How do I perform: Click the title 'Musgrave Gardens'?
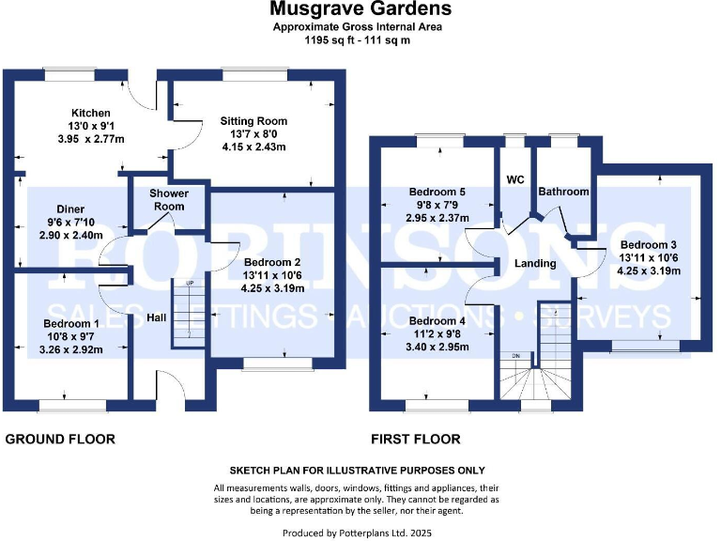[x=360, y=9]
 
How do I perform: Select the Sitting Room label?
[x=253, y=121]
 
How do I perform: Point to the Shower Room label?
[x=169, y=199]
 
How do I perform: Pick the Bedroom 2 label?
[x=271, y=262]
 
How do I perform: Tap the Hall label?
[x=157, y=318]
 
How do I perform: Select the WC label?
[x=515, y=178]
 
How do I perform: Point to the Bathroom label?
[x=563, y=192]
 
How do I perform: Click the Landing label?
[x=535, y=264]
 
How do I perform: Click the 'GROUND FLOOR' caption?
[x=61, y=439]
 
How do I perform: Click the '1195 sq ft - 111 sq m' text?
[x=360, y=40]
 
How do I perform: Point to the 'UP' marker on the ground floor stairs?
[x=190, y=283]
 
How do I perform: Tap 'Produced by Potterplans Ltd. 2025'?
[x=360, y=532]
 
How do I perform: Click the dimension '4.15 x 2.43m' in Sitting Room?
[x=253, y=147]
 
